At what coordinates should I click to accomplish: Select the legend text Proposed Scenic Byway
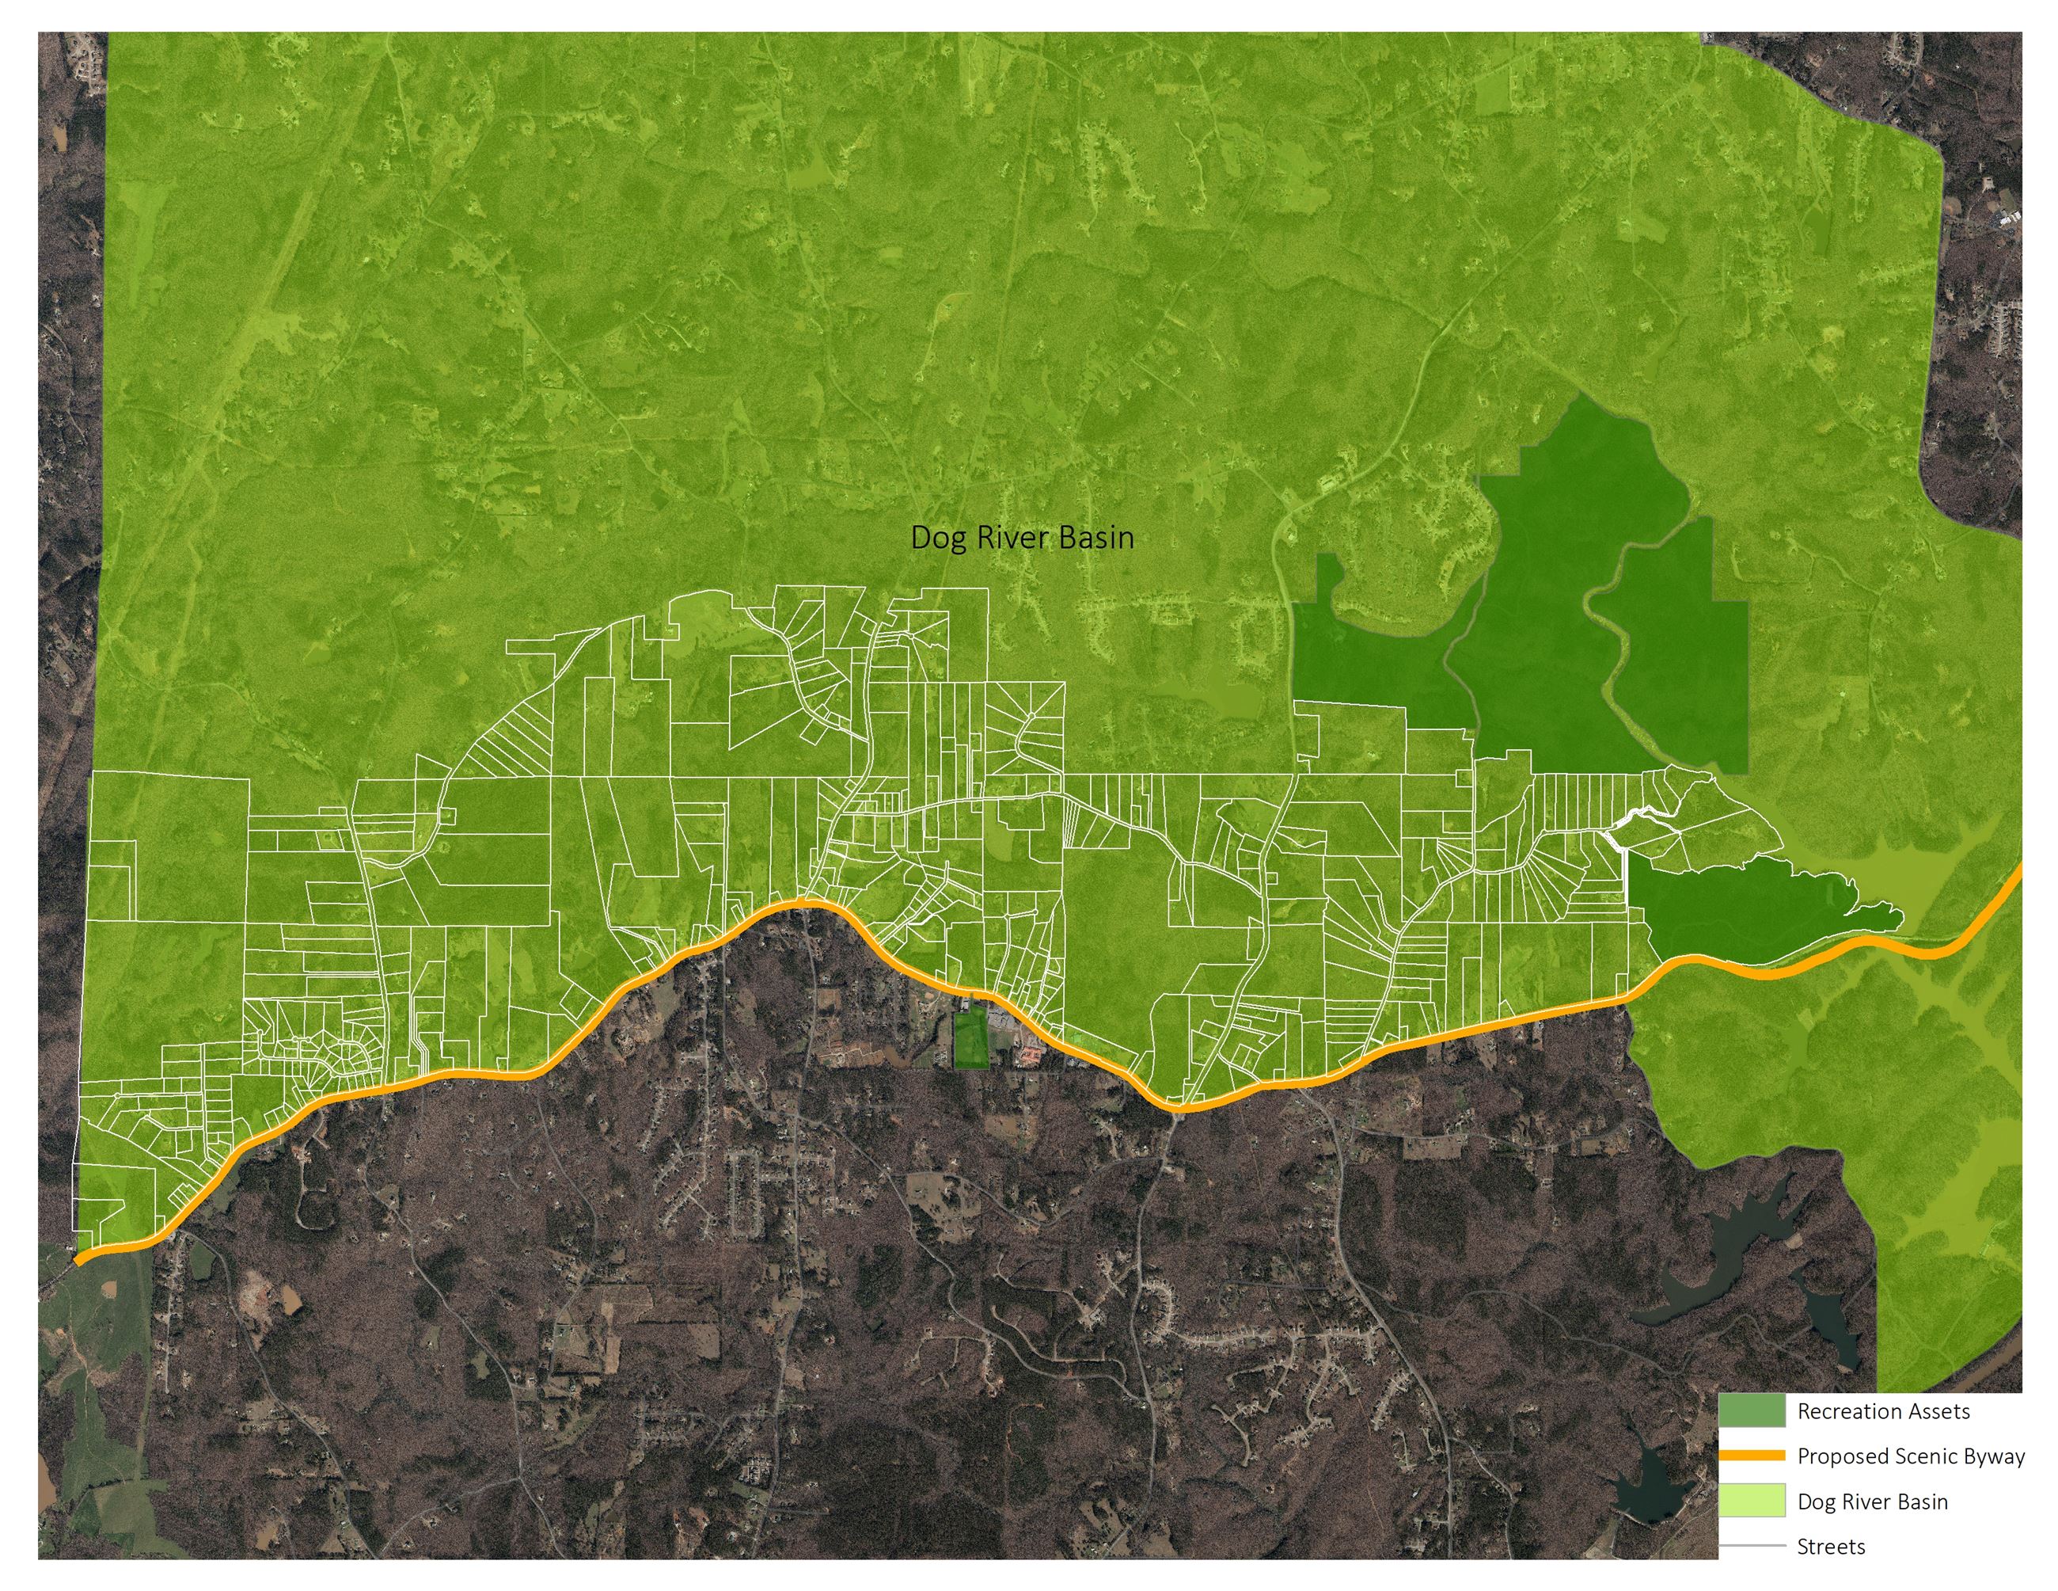point(1910,1456)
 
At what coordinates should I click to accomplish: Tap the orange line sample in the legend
point(1751,1456)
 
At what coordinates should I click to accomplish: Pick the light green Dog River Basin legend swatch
point(1751,1501)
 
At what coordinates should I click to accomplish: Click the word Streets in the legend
point(1830,1547)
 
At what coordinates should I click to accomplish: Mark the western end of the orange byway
point(79,1258)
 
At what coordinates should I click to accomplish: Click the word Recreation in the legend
point(1842,1411)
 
